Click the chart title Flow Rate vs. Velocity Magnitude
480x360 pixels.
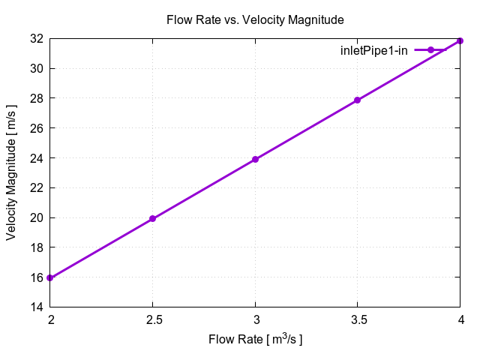click(255, 19)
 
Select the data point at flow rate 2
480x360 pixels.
click(49, 277)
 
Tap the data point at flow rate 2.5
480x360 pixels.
click(152, 218)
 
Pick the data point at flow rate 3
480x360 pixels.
click(255, 159)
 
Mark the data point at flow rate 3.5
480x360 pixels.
click(358, 100)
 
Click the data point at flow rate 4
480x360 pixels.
click(460, 40)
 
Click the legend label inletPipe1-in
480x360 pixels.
click(374, 50)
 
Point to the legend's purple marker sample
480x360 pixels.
click(430, 50)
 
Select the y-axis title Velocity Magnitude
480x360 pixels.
click(11, 172)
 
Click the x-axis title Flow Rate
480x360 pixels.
click(255, 340)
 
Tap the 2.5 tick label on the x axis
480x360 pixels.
click(152, 319)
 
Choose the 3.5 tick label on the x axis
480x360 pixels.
click(358, 319)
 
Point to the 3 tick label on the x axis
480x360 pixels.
click(255, 319)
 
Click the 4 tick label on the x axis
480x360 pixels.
click(460, 319)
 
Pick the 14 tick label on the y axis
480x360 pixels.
click(35, 307)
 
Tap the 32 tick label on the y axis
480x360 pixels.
click(35, 38)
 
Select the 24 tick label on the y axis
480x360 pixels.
click(35, 158)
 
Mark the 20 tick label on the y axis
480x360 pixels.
click(35, 217)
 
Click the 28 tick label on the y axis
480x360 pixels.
click(35, 98)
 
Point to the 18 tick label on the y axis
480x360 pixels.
click(35, 247)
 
